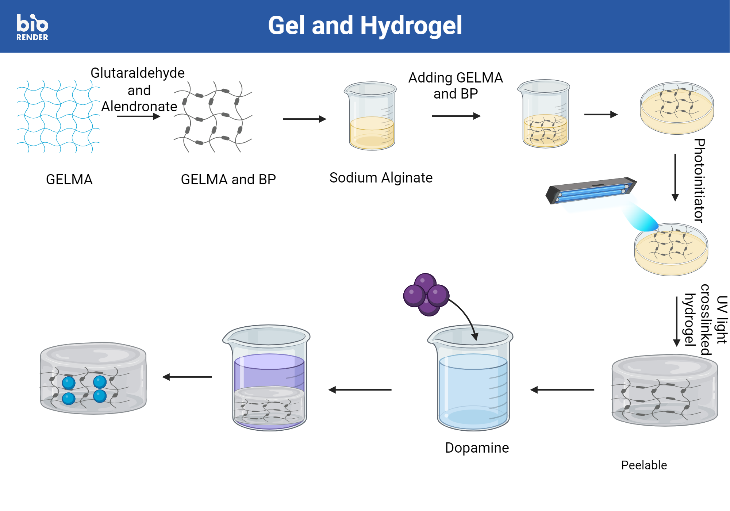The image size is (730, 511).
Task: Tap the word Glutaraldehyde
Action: [138, 73]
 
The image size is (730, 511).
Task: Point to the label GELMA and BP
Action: [228, 180]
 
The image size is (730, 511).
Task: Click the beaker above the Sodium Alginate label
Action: [371, 116]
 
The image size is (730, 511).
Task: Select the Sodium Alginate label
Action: [381, 178]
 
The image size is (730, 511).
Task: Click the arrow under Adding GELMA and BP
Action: [456, 116]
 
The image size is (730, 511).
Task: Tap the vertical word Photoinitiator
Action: [699, 181]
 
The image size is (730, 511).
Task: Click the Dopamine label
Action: [477, 448]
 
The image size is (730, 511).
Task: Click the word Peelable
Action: [644, 465]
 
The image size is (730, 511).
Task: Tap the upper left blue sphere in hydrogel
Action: [69, 383]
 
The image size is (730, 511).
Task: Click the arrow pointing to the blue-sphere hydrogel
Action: [187, 377]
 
